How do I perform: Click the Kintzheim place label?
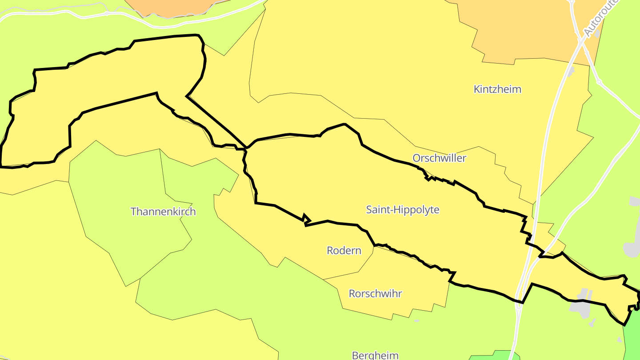(x=497, y=89)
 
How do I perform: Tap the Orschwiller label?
(x=439, y=158)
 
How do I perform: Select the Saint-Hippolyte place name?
(x=403, y=210)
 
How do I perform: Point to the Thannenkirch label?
(x=163, y=212)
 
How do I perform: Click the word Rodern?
(x=344, y=251)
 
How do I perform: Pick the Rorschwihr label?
(x=376, y=294)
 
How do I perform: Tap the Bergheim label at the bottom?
(x=375, y=355)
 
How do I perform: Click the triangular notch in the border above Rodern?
(x=306, y=219)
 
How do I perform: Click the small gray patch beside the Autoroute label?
(x=598, y=33)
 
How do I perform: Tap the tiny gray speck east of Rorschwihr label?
(x=416, y=320)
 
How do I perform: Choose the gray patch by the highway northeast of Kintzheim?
(x=571, y=71)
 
